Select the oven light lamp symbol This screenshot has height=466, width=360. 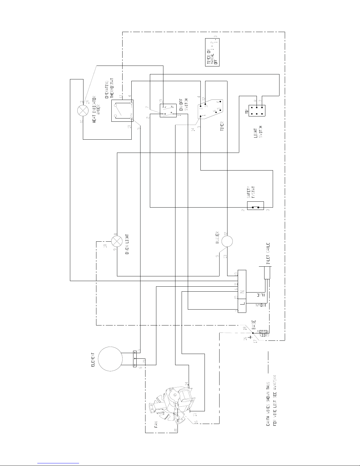117,241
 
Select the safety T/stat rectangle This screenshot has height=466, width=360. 255,206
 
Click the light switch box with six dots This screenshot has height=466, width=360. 257,111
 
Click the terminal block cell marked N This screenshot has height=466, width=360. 242,292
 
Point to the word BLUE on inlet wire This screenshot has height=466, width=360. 261,294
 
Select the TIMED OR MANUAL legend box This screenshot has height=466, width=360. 212,52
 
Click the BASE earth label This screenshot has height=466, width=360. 254,325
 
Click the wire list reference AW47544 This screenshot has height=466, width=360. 275,385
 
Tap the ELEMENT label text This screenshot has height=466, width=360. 93,359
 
